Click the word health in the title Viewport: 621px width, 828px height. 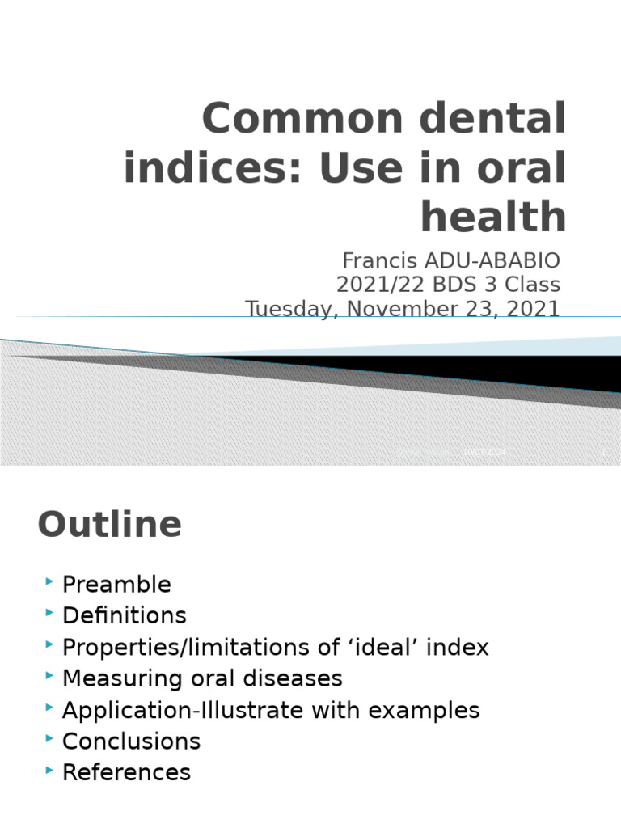[493, 217]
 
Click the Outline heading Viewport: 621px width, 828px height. [109, 525]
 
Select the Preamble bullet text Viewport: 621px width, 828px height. [116, 585]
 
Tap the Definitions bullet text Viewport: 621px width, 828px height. [124, 616]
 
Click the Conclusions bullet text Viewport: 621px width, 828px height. [131, 741]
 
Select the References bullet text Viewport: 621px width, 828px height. [126, 773]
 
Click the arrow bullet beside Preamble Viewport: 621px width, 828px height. [50, 582]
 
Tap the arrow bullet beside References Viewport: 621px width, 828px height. [50, 771]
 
